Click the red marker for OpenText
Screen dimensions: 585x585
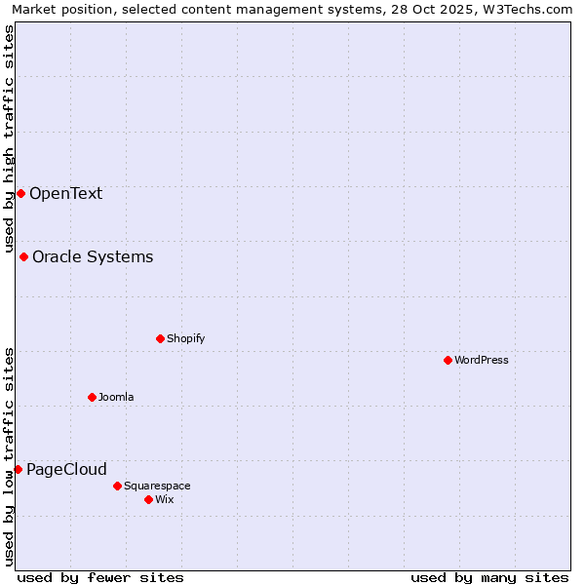(x=20, y=193)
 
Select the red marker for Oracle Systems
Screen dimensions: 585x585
(x=23, y=256)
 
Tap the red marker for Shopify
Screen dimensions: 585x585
(x=160, y=338)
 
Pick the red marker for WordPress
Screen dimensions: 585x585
(x=448, y=360)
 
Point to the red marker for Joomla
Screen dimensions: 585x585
(x=92, y=397)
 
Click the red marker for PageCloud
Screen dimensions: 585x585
(x=18, y=469)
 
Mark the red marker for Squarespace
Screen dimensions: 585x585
(x=117, y=486)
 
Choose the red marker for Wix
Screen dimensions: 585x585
(x=148, y=499)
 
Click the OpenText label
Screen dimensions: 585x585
(x=65, y=193)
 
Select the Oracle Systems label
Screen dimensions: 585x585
(x=93, y=256)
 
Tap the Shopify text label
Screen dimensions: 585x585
(x=185, y=338)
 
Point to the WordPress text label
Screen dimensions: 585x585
(x=482, y=360)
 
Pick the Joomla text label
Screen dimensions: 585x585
(x=116, y=397)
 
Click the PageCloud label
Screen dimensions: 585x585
(x=66, y=469)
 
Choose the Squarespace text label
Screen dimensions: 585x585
(x=157, y=486)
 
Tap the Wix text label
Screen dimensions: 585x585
(x=164, y=499)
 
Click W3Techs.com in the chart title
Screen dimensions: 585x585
(x=525, y=10)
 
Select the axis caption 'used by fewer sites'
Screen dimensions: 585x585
(x=100, y=577)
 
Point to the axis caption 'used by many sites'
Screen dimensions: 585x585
(x=489, y=577)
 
